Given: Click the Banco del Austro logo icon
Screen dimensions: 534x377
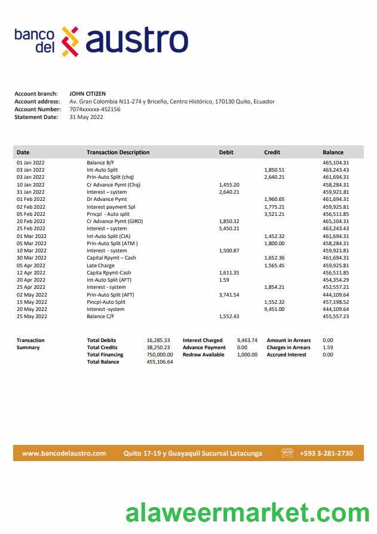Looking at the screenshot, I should point(71,41).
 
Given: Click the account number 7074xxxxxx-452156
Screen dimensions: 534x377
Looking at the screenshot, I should point(95,109).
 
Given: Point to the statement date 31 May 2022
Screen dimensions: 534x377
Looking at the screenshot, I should point(87,117).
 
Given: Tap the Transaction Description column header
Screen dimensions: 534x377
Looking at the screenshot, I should point(118,152).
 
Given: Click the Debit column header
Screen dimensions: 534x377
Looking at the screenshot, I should point(226,152).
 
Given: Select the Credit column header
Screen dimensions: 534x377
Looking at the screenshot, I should point(272,152).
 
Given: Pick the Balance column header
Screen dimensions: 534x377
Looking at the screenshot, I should point(333,152).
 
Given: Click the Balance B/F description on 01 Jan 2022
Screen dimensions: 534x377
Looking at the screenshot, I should point(100,163).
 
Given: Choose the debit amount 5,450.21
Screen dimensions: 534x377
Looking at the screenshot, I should point(229,228).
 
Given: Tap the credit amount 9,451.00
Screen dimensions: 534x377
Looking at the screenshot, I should point(274,309).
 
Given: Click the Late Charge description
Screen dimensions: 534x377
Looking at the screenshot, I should point(100,266).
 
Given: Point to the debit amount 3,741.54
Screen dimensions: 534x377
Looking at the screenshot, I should point(229,295).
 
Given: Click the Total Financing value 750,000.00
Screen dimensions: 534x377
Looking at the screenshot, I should point(160,355).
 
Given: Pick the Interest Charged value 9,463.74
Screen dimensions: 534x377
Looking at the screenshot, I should point(247,340).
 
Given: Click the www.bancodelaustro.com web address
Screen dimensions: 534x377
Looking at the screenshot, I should point(64,453).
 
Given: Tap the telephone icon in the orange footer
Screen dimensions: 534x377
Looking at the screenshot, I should point(287,453).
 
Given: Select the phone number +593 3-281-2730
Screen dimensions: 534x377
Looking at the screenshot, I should point(326,453).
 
